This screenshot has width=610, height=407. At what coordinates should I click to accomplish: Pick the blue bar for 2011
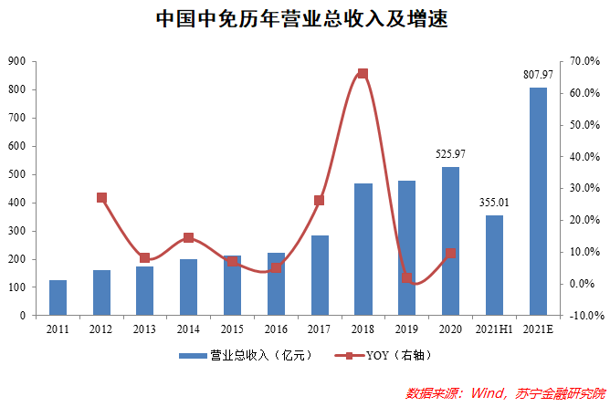pos(58,297)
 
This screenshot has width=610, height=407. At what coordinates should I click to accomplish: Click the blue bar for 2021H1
pos(494,265)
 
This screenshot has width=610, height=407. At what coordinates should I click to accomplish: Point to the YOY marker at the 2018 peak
pos(363,74)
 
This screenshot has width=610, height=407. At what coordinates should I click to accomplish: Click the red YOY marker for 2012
pos(101,198)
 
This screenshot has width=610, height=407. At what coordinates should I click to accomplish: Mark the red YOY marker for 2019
pos(406,278)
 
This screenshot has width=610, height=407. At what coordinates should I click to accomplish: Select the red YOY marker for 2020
pos(450,253)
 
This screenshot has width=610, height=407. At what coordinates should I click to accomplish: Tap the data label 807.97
pos(538,74)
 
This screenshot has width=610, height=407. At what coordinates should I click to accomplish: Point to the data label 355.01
pos(494,202)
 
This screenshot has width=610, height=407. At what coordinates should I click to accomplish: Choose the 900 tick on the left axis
pos(16,61)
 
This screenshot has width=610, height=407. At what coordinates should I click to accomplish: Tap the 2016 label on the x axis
pos(276,329)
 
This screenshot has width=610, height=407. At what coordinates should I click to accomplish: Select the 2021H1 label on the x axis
pos(494,329)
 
